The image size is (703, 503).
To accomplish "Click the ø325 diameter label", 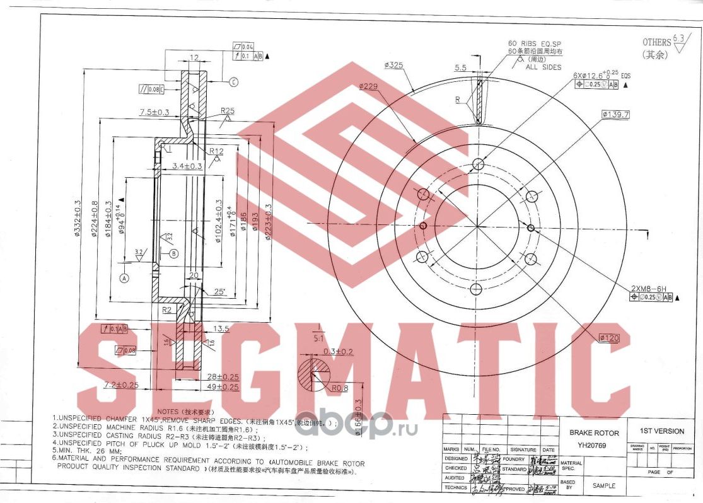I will pos(393,65).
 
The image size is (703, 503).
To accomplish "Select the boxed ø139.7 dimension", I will pos(616,114).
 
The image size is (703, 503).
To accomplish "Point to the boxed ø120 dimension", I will pos(608,338).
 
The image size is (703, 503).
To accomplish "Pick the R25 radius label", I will pos(227,111).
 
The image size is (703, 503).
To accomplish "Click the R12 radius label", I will pos(217,151).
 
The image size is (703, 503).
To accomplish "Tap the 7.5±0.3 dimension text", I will pos(154,112).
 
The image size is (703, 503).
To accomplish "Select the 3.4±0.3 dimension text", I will pos(187,166).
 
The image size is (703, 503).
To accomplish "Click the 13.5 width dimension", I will pos(221,328).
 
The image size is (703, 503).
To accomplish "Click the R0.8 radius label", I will pos(340,388).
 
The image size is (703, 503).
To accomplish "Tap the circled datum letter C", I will pos(233,81).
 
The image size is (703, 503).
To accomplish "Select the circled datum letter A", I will pos(125,277).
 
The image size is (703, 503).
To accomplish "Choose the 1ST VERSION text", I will pos(661,431).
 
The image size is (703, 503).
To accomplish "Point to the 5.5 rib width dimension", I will pos(460,67).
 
